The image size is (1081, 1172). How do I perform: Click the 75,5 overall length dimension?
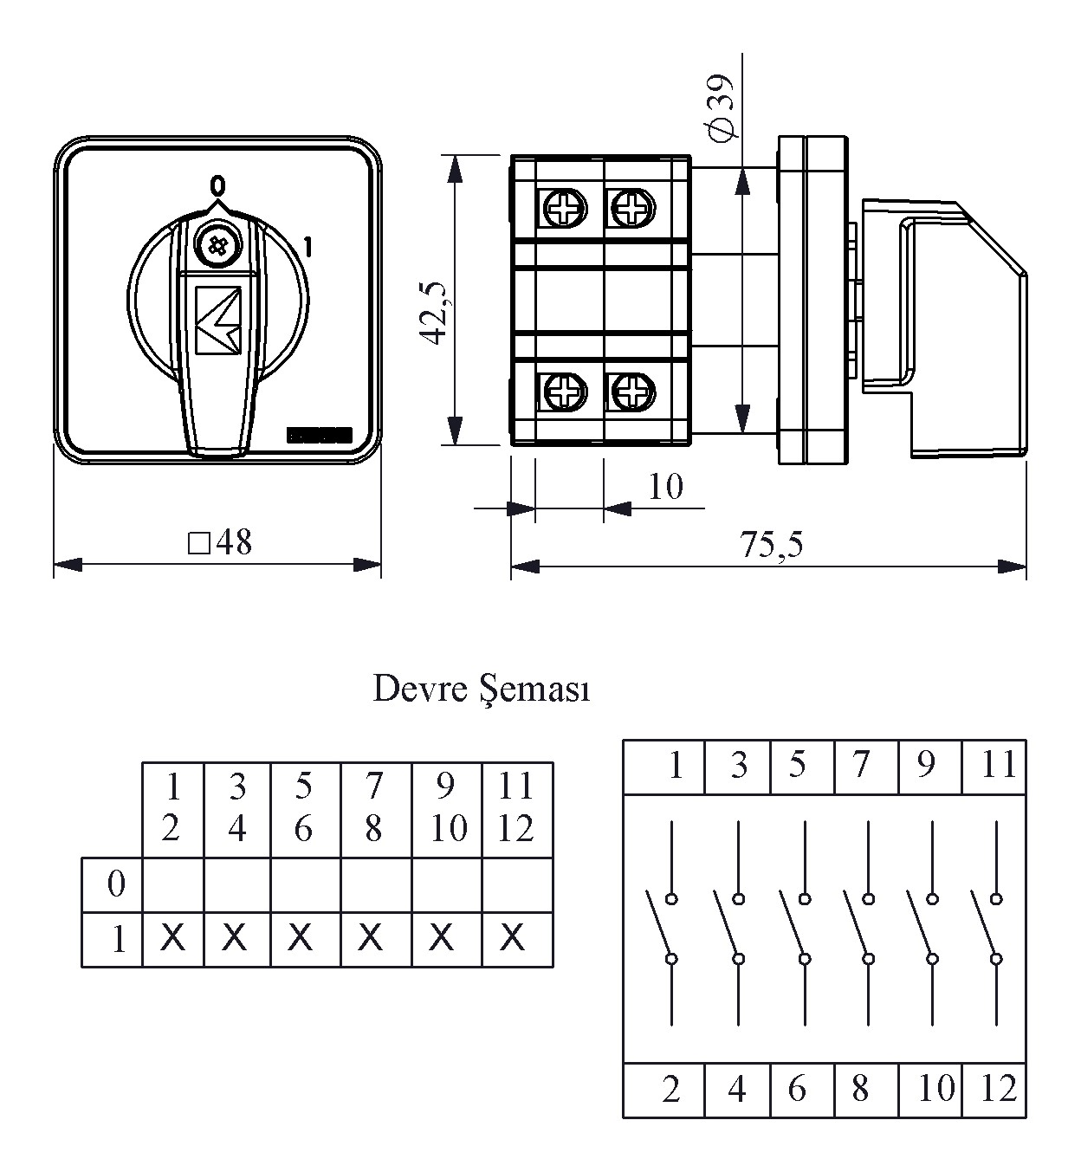click(771, 545)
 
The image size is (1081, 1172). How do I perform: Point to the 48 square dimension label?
click(221, 543)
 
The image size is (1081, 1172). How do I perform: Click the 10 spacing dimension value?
click(665, 487)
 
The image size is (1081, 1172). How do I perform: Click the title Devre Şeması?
click(481, 690)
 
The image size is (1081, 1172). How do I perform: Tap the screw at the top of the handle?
click(214, 245)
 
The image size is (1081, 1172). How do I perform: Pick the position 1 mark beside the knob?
click(308, 248)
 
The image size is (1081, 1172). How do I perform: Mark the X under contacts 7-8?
click(371, 936)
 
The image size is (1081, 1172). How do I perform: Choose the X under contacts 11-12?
click(513, 936)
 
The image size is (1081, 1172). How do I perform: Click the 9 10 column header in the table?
click(447, 807)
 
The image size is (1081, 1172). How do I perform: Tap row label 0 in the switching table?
click(116, 884)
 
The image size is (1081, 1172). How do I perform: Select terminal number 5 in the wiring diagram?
click(798, 765)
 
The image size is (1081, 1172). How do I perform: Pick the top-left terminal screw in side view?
click(564, 208)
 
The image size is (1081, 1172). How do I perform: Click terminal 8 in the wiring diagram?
click(860, 1088)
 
